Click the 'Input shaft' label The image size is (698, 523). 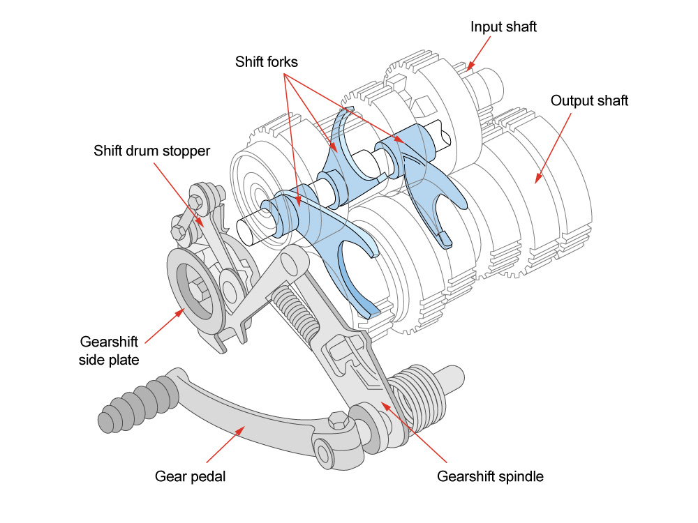point(503,27)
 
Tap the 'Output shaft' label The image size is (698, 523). point(589,101)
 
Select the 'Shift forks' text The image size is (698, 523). point(266,62)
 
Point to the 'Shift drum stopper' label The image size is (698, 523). point(151,151)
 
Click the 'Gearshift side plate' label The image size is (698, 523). point(109,351)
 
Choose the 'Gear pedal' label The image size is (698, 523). point(190,476)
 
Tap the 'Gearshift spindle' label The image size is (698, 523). point(490,476)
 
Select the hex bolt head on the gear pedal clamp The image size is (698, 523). point(338,420)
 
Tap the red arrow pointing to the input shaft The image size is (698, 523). point(479,54)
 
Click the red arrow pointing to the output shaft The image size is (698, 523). point(553,148)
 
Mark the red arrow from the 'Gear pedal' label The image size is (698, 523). point(225,444)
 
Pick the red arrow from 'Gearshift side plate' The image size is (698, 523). point(165,326)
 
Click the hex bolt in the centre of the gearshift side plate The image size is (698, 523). point(198,290)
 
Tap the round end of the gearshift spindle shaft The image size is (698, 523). point(453,379)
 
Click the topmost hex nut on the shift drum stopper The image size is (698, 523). point(196,202)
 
